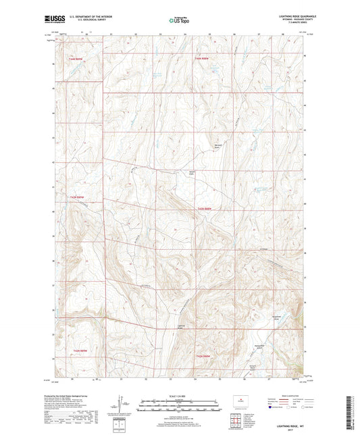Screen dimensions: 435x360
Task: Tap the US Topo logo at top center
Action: click(177, 20)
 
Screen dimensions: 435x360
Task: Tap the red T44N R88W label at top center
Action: click(203, 59)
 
